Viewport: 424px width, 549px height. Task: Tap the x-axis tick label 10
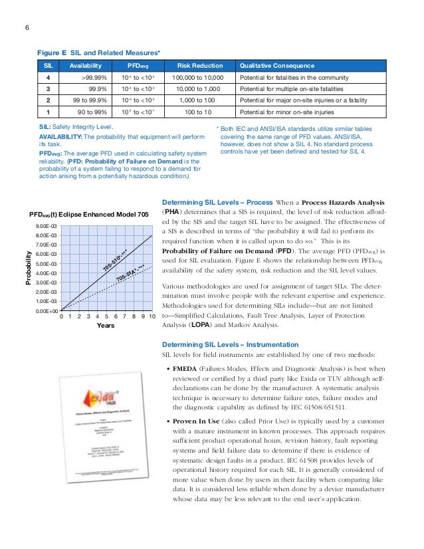click(x=152, y=317)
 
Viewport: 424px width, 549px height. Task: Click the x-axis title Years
click(x=106, y=327)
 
